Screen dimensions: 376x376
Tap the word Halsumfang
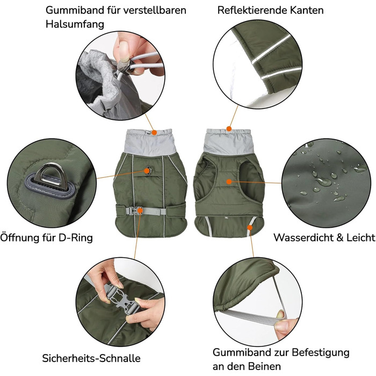pyautogui.click(x=75, y=25)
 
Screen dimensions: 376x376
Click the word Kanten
pyautogui.click(x=307, y=10)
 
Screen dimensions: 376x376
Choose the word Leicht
pyautogui.click(x=360, y=237)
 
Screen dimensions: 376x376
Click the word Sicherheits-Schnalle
pyautogui.click(x=91, y=358)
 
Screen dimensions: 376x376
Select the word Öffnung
pyautogui.click(x=20, y=237)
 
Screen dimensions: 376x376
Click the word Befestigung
pyautogui.click(x=321, y=353)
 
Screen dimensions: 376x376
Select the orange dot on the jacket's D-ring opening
pyautogui.click(x=147, y=171)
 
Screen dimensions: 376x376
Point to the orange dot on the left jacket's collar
pyautogui.click(x=154, y=132)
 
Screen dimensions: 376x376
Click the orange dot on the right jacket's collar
pyautogui.click(x=229, y=129)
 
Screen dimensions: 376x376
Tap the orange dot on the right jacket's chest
pyautogui.click(x=229, y=182)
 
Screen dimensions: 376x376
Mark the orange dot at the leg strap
pyautogui.click(x=250, y=227)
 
